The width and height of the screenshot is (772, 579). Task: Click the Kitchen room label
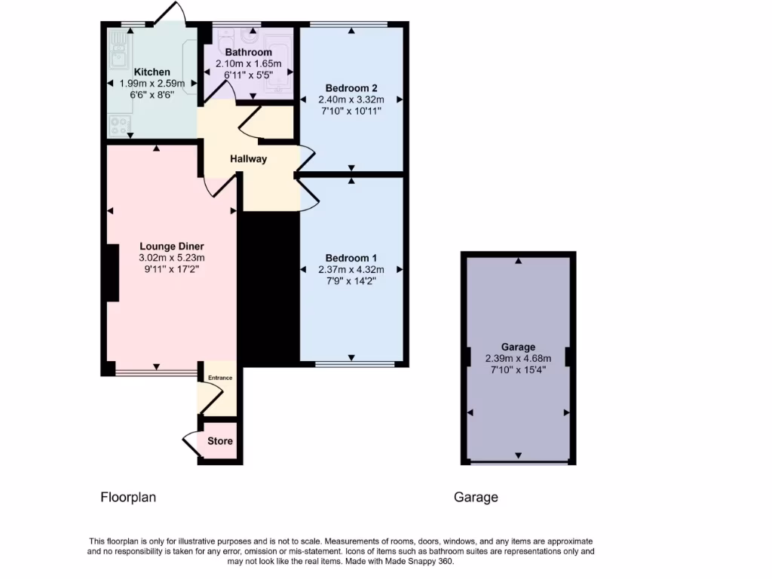click(x=152, y=72)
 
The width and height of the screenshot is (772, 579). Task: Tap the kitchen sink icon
click(x=118, y=54)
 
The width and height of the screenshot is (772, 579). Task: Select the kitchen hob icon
click(x=118, y=124)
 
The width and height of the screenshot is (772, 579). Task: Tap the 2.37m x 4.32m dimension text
click(x=351, y=270)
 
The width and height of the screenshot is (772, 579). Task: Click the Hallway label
click(x=248, y=159)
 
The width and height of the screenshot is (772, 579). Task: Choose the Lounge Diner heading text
click(x=172, y=246)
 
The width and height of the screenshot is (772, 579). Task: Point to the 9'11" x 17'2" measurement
click(x=172, y=268)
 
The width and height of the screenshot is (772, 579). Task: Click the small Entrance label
click(x=220, y=378)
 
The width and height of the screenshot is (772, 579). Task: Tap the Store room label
click(x=220, y=441)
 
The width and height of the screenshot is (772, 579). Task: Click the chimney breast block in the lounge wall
click(x=112, y=273)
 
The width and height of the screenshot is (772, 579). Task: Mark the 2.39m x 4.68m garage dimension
click(x=518, y=359)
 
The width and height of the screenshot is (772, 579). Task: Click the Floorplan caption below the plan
click(x=128, y=498)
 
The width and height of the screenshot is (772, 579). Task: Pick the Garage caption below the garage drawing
click(x=476, y=498)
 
